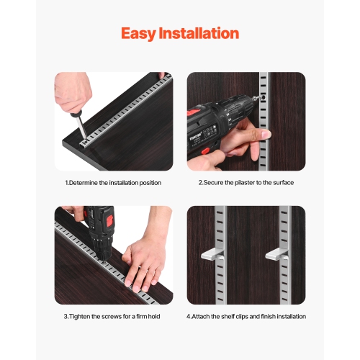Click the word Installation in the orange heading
click(199, 33)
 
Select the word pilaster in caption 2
click(243, 183)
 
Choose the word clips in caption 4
click(248, 316)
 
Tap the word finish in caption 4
click(274, 316)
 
